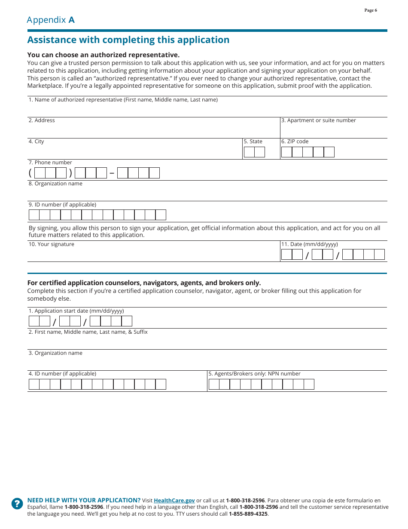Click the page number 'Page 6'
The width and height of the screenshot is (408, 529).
370,10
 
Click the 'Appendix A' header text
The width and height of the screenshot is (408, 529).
51,20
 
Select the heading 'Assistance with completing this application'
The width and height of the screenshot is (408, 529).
128,40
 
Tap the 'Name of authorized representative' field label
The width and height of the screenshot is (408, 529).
123,100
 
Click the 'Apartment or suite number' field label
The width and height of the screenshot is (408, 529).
318,120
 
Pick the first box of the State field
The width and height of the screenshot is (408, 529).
249,152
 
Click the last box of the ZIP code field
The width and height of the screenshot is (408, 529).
329,152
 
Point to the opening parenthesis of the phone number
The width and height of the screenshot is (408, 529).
30,173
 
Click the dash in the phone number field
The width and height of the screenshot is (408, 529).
112,173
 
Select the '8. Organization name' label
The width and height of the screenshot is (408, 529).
55,184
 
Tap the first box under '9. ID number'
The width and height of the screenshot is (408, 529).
34,215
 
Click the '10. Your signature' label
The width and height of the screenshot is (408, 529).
52,244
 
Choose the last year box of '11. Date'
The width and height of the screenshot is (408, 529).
379,255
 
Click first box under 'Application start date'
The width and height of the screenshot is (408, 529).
34,321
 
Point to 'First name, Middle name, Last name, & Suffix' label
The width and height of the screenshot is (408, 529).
88,332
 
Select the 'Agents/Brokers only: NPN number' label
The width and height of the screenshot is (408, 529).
254,374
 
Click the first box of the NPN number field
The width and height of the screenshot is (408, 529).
214,384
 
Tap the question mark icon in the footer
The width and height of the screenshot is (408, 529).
17,504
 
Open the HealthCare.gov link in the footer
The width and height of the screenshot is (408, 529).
174,501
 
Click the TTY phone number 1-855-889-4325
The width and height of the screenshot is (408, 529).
248,514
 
